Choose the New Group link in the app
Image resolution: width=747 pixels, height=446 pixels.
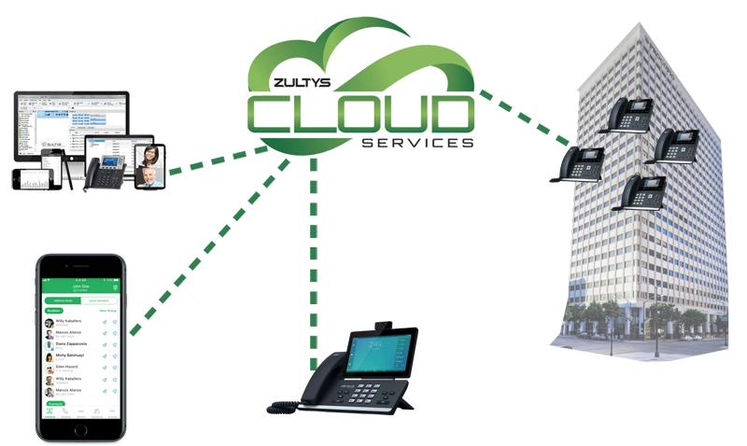pos(106,311)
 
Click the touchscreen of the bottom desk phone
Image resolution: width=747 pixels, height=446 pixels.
pos(369,355)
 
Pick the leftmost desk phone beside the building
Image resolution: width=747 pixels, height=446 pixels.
pos(580,164)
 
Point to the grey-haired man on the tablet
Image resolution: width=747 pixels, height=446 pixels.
pos(148,175)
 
